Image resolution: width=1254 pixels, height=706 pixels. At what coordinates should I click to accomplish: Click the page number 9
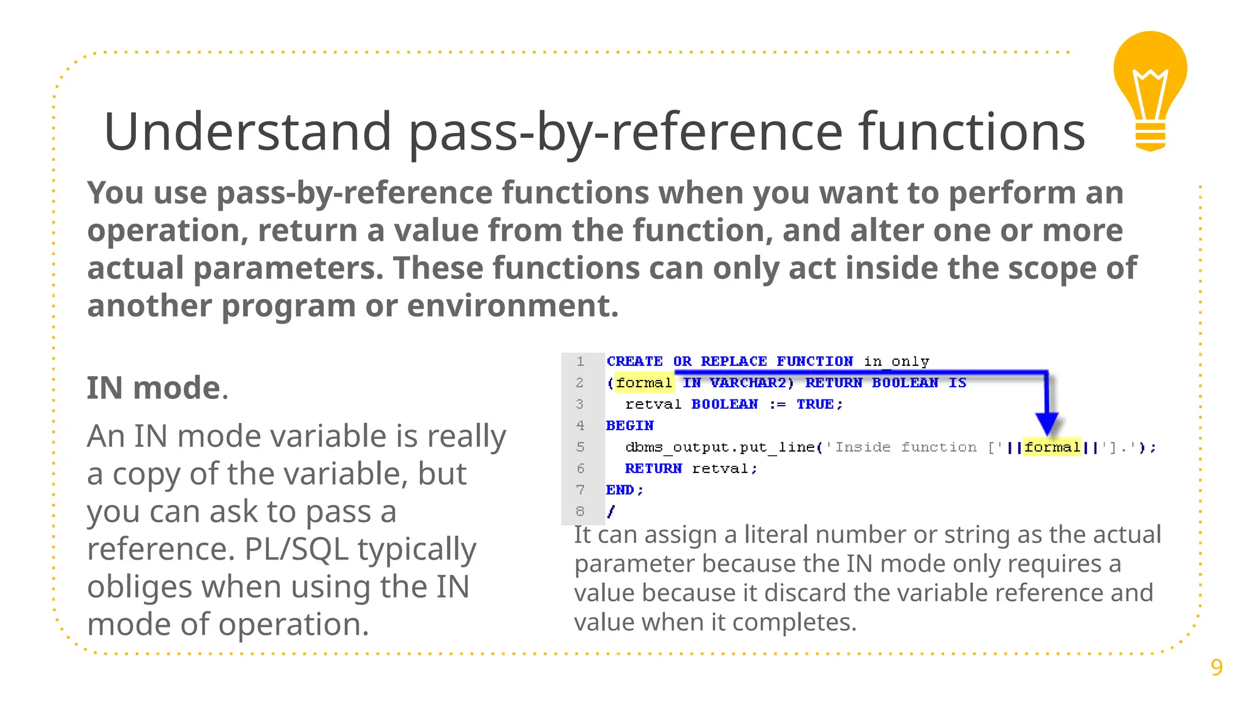pyautogui.click(x=1217, y=667)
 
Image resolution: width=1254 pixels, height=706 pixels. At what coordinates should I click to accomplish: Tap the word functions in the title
pyautogui.click(x=972, y=131)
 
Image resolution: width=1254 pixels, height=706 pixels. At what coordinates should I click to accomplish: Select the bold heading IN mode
pyautogui.click(x=154, y=388)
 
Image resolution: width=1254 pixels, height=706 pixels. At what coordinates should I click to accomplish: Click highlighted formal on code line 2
pyautogui.click(x=644, y=383)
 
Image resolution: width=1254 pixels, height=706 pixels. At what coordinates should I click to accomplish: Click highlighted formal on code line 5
pyautogui.click(x=1052, y=447)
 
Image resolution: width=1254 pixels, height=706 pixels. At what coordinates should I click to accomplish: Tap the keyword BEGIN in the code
pyautogui.click(x=630, y=426)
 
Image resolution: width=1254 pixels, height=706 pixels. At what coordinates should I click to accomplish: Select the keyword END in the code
pyautogui.click(x=620, y=490)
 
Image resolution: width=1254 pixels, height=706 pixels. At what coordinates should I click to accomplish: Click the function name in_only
pyautogui.click(x=896, y=362)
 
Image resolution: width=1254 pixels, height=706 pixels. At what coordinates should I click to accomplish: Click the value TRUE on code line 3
pyautogui.click(x=815, y=404)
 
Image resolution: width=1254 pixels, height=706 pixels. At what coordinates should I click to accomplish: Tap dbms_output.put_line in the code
pyautogui.click(x=720, y=447)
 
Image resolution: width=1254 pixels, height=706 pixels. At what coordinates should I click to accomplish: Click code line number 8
pyautogui.click(x=580, y=511)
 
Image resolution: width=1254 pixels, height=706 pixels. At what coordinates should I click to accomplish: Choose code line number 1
pyautogui.click(x=580, y=362)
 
